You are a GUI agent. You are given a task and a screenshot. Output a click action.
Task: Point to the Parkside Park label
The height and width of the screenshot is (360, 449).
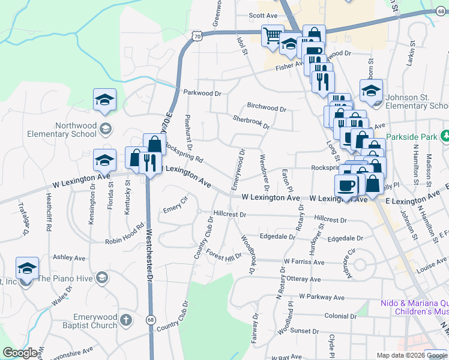click(412, 137)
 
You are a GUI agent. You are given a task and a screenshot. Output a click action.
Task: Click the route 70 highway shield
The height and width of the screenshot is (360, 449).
click(197, 37)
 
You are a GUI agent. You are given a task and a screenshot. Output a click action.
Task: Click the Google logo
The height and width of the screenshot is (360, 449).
click(20, 353)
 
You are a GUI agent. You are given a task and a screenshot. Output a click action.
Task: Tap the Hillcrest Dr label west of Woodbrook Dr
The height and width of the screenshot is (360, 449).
click(230, 214)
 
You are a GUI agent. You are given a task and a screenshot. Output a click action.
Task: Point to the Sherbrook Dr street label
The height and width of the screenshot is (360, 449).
click(251, 122)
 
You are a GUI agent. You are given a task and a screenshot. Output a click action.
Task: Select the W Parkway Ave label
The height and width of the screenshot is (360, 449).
click(322, 297)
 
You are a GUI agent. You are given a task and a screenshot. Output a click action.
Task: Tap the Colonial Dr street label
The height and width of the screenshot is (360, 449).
click(340, 316)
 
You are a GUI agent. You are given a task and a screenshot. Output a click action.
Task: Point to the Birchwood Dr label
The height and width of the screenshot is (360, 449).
click(267, 108)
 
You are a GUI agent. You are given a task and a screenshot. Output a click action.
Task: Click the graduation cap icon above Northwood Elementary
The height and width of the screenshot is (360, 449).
click(104, 100)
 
